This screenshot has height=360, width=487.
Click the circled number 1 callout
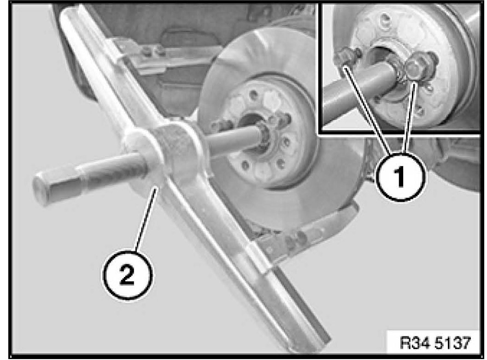(x=401, y=177)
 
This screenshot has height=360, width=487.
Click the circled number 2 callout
(x=128, y=275)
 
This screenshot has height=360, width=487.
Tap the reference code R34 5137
(x=435, y=343)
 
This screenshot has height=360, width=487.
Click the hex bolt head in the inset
(x=414, y=67)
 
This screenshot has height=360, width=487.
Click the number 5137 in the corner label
(x=453, y=343)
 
